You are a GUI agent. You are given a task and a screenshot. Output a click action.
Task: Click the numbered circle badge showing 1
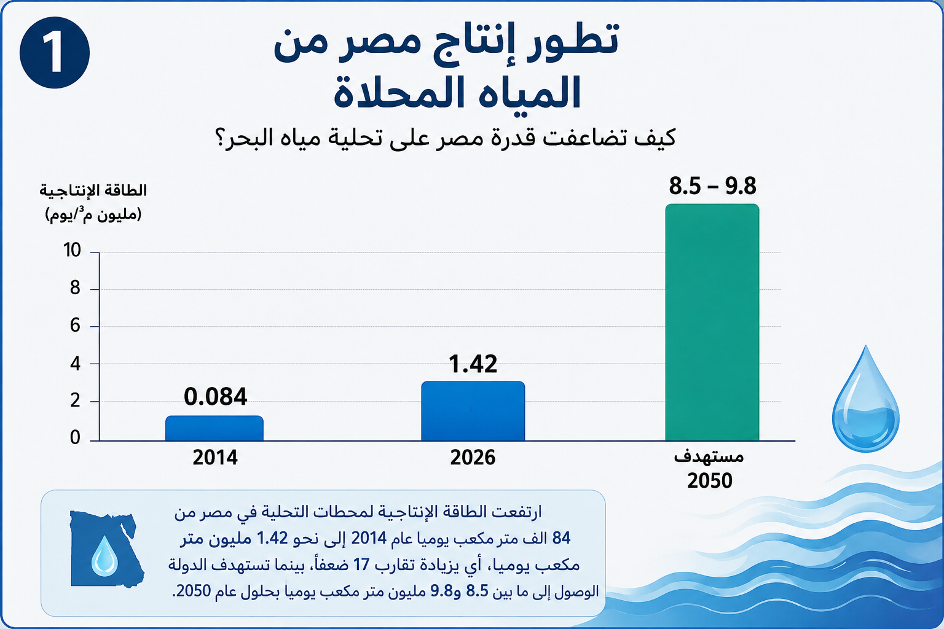click(x=55, y=53)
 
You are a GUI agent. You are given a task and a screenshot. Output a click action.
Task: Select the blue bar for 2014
click(x=214, y=428)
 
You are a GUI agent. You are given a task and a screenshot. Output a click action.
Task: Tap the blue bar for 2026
click(x=473, y=411)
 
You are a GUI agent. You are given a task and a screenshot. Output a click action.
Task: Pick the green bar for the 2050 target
click(x=712, y=322)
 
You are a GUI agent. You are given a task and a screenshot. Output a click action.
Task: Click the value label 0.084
click(x=215, y=397)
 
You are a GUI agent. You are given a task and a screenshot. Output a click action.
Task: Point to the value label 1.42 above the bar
click(x=473, y=364)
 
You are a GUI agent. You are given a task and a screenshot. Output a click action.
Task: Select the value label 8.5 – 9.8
click(x=713, y=186)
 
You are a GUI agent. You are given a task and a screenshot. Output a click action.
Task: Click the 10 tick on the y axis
click(x=72, y=250)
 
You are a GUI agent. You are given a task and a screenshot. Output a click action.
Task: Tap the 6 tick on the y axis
click(x=75, y=325)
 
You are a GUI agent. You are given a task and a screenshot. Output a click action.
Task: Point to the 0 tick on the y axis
click(x=75, y=438)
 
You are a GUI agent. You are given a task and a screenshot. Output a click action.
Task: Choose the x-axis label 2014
click(x=215, y=458)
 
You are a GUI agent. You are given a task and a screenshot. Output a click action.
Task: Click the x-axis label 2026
click(x=473, y=458)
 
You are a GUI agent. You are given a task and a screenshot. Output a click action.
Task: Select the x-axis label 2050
click(x=710, y=481)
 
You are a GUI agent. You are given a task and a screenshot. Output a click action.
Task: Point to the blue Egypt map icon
click(x=106, y=549)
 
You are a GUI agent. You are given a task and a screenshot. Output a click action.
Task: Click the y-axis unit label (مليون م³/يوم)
click(x=93, y=214)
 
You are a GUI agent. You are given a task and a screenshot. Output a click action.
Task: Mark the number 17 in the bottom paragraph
click(x=361, y=564)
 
